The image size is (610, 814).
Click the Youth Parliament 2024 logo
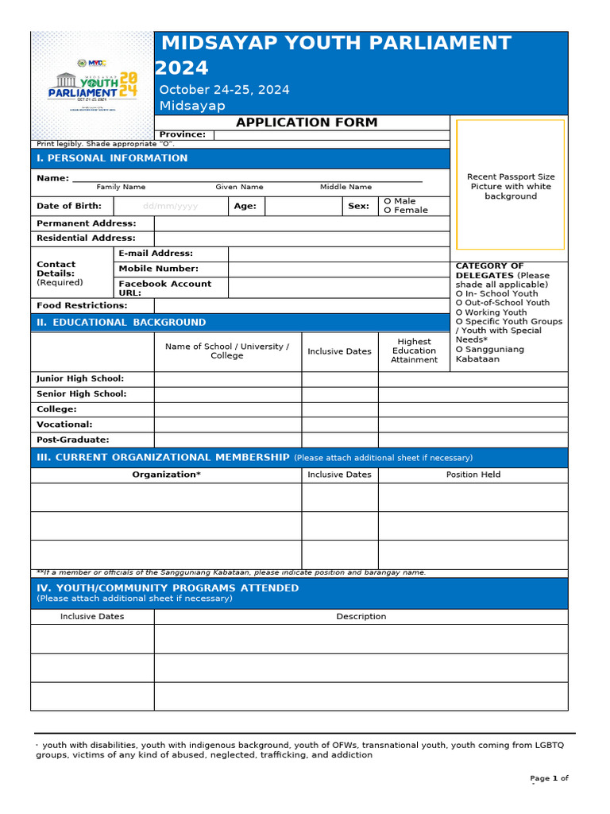[92, 86]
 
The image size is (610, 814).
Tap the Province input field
[331, 135]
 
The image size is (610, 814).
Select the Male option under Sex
[400, 202]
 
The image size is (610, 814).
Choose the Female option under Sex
[406, 211]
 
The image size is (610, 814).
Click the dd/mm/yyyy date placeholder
[170, 206]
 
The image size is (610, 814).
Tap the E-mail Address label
[156, 254]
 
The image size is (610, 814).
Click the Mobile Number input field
[338, 269]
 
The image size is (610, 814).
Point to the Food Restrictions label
[82, 306]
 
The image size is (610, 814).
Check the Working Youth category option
[491, 312]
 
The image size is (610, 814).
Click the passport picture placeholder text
[510, 187]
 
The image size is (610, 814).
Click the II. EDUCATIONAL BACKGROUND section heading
[121, 323]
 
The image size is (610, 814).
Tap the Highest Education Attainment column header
[414, 351]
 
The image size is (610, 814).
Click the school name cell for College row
[228, 409]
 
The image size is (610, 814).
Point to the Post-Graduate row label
[73, 440]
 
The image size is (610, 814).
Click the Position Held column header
[473, 475]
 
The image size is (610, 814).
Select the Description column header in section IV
[361, 617]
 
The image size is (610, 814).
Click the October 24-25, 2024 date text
[224, 90]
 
